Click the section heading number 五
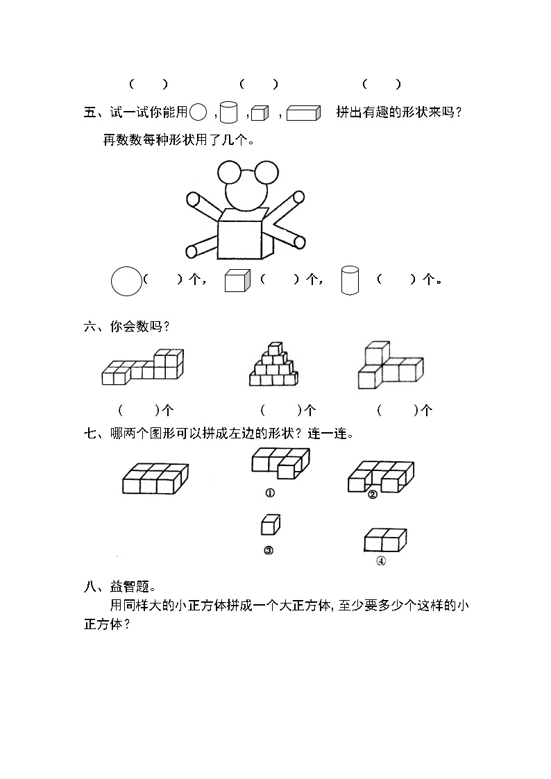pos(90,112)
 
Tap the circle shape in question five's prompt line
pos(198,112)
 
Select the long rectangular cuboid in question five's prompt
pos(303,113)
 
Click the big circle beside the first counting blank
pos(126,281)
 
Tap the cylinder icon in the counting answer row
pos(350,280)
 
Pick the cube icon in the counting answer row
pos(237,281)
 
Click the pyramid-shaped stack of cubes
pos(273,364)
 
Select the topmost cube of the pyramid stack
pos(275,348)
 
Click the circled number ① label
pos(270,493)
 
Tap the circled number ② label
pos(373,495)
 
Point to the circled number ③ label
pos(269,551)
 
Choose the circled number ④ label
pos(381,561)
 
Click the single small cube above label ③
pos(271,524)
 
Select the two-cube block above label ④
pos(386,540)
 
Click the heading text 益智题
pos(130,587)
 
